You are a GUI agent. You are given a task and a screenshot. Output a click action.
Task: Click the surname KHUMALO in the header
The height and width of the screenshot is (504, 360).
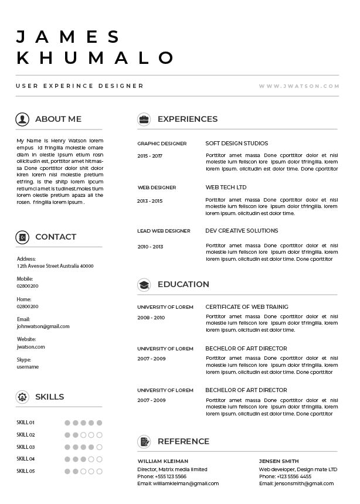pos(96,57)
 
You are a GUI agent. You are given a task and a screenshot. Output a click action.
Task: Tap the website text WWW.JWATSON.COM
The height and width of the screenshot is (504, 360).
pos(299,86)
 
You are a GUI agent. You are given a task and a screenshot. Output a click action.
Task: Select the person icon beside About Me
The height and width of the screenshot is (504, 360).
pos(22,120)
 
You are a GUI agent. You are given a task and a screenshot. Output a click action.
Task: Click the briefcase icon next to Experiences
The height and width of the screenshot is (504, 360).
pos(144,120)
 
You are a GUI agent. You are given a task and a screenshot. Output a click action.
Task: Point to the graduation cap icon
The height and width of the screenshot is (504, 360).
pos(144,285)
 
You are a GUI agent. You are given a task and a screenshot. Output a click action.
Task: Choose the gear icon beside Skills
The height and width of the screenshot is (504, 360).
pos(22,397)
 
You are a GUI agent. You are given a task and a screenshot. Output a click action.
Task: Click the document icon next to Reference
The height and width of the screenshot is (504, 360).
pos(144,442)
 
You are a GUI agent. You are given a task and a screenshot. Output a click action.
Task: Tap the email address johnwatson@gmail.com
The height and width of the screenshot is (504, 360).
pos(43,326)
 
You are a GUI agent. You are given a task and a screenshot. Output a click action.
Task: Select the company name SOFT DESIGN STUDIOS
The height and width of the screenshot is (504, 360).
pos(236,144)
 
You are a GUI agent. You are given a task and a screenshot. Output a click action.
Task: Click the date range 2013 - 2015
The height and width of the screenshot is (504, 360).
pos(150,201)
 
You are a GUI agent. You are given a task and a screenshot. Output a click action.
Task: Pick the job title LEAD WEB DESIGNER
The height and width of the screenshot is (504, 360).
pos(164,231)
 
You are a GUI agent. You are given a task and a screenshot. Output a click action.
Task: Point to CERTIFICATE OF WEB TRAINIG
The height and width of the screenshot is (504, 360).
pos(246,307)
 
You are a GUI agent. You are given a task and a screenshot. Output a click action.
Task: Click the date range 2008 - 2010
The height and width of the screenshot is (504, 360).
pos(151,318)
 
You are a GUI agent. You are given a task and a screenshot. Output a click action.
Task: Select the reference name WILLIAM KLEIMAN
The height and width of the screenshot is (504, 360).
pos(162,461)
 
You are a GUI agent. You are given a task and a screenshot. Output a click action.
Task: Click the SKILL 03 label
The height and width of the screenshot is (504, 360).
pos(26,447)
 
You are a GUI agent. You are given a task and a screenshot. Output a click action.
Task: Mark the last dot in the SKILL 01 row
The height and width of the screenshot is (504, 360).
pos(100,423)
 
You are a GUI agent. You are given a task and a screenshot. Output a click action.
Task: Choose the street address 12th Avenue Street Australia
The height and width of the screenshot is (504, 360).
pos(55,266)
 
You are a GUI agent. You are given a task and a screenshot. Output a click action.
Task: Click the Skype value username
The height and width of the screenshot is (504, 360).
pos(28,367)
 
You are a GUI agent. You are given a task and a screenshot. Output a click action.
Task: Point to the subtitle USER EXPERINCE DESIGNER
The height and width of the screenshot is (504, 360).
pos(80,86)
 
